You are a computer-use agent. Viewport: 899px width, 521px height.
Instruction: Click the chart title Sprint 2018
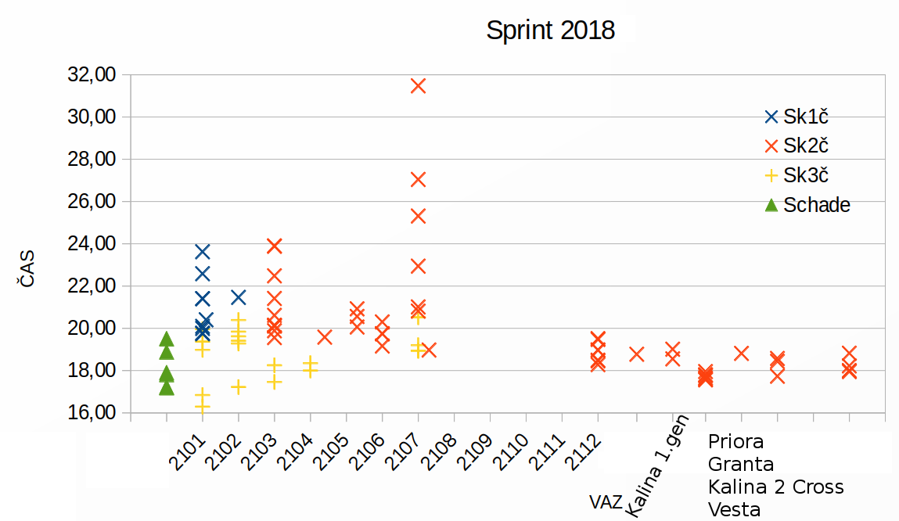[x=550, y=31]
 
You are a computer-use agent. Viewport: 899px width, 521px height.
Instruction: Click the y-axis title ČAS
[x=27, y=268]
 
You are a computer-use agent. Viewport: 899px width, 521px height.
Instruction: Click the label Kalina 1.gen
[x=656, y=473]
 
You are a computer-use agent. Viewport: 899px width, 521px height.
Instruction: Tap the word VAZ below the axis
[x=607, y=501]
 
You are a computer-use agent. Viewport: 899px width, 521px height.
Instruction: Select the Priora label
[x=735, y=442]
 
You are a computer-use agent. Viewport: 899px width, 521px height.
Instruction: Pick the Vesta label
[x=734, y=510]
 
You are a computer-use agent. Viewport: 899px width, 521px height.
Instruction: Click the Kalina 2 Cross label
[x=775, y=487]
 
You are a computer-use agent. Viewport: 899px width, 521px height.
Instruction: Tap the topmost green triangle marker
[x=167, y=339]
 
